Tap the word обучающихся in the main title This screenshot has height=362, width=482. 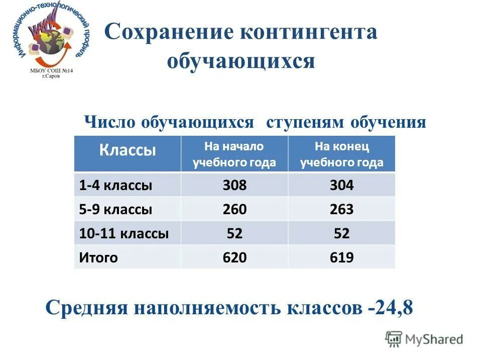pos(241,61)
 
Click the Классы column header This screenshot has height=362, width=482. pos(128,150)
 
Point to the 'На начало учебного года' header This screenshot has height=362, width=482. pos(234,154)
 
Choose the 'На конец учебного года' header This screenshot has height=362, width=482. pos(341,154)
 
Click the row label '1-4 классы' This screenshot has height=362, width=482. pos(115,186)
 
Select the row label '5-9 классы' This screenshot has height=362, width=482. pos(115,209)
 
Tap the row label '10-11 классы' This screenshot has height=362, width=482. pos(124,233)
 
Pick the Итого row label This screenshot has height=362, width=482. pos(98,258)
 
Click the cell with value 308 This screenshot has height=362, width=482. pos(234,186)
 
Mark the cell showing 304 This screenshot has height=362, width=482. pos(341,186)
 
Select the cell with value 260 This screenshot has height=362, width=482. pos(234,209)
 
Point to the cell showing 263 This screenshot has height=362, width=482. pos(341,209)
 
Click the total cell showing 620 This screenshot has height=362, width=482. pos(234,258)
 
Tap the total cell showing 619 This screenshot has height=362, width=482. pos(341,258)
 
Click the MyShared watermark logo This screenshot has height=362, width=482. pos(425,340)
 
